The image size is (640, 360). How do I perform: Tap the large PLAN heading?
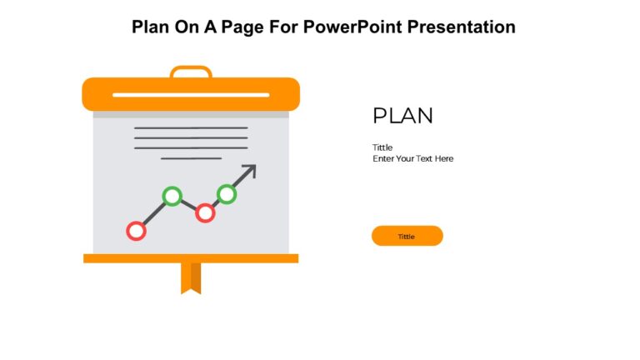coord(402,116)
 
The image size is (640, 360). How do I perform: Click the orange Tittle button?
coord(407,236)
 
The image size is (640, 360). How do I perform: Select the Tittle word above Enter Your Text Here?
coord(382,147)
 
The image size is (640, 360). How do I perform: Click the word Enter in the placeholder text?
coord(383,158)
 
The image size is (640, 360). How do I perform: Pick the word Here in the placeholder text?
coord(444,158)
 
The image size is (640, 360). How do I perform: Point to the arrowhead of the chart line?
coord(250,170)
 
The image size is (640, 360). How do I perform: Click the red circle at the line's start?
coord(136,231)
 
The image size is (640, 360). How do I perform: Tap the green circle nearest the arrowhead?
coord(227,194)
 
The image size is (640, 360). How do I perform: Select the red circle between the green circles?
coord(205,212)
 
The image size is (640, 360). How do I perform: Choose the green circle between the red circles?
coord(172,196)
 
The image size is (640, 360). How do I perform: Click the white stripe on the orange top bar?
coord(191,95)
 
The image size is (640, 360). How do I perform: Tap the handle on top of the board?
coord(191,70)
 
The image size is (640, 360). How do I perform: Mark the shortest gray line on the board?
coord(191,157)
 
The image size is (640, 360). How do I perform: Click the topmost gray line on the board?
coord(191,127)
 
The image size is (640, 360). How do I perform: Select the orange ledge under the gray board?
coord(191,258)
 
